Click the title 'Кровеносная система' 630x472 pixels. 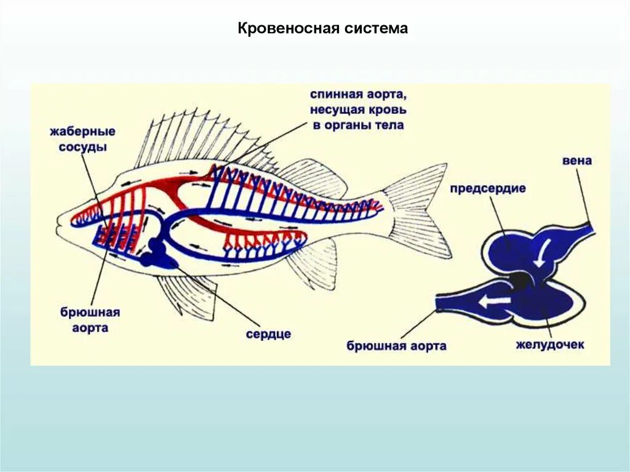tap(322, 29)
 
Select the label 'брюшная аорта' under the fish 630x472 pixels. tap(90, 320)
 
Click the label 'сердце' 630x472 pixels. tap(268, 334)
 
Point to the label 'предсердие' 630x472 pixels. tap(488, 188)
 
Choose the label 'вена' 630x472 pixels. tap(576, 161)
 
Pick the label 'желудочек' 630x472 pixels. tap(550, 345)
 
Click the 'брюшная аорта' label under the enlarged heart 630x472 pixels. tap(396, 346)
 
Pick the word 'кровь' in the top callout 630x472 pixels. tap(386, 111)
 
